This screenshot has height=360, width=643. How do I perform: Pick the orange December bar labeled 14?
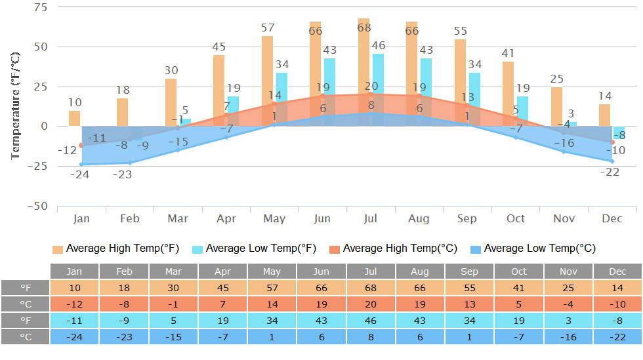pos(604,115)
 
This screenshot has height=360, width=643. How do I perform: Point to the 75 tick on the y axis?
pos(40,7)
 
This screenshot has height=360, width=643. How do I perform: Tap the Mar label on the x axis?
pos(177,218)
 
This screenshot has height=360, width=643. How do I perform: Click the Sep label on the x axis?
pos(467,218)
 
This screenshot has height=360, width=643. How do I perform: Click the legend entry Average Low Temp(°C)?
pos(532,249)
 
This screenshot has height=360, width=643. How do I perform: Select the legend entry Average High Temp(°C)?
pos(392,249)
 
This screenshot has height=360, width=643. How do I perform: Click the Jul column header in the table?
pos(371,271)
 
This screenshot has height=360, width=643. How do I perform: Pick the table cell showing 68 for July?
pos(371,288)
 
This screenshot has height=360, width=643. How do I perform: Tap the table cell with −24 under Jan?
pos(75,336)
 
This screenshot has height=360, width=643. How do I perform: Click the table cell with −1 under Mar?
pos(173,304)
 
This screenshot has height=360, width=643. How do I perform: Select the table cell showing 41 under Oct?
pos(519,288)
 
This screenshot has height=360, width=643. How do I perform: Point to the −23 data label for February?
pos(122,174)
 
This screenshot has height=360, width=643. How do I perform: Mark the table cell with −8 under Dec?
pos(617,320)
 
